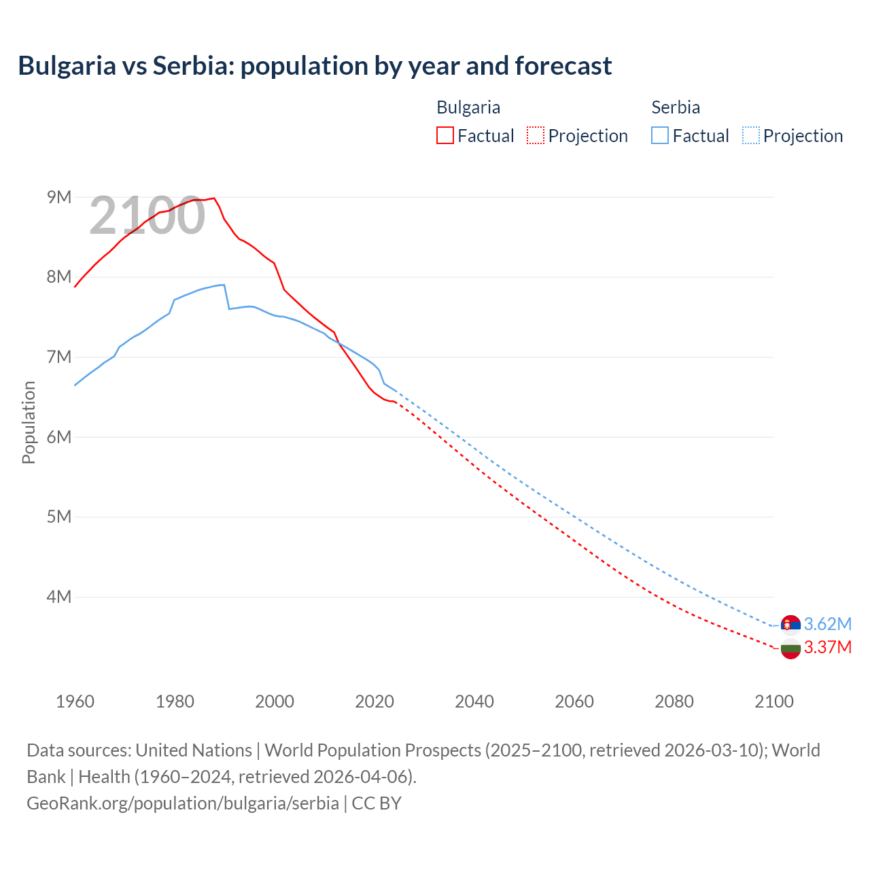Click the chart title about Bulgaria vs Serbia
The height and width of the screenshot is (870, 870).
coord(315,66)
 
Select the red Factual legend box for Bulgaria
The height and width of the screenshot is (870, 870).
coord(445,135)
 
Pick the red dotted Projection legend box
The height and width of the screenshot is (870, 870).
coord(536,135)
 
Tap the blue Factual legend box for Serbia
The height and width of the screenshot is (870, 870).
coord(659,135)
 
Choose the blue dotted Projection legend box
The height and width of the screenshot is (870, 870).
coord(750,135)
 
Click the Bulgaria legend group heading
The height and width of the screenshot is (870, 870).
coord(468,107)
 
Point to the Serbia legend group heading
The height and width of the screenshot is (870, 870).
coord(676,107)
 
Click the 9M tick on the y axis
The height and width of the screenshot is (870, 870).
coord(59,197)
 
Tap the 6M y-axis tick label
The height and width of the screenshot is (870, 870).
coord(59,437)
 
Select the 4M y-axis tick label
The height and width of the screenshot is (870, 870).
coord(59,597)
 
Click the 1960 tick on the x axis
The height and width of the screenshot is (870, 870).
coord(75,701)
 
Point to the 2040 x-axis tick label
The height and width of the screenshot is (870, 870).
coord(474,701)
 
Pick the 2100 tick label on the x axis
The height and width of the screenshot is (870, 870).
coord(773,701)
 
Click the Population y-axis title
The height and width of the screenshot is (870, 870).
coord(29,422)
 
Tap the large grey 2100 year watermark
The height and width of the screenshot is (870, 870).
coord(147,215)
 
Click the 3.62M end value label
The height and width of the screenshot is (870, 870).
coord(827,624)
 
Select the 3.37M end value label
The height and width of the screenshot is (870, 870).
coord(827,647)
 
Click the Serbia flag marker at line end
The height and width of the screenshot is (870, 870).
coord(790,624)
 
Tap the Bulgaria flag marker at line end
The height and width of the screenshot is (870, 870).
coord(790,648)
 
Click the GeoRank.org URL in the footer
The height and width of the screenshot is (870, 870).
coord(183,803)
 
